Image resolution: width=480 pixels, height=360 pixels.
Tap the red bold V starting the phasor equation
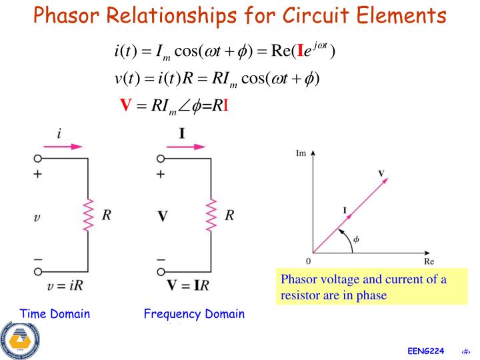(124, 105)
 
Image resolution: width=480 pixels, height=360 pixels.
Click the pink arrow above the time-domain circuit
(66, 145)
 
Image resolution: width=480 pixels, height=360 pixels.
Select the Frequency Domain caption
(194, 314)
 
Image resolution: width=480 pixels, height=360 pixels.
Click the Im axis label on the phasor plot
(301, 153)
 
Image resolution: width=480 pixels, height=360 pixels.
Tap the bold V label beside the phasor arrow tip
(381, 173)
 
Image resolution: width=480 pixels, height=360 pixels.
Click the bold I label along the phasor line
(345, 211)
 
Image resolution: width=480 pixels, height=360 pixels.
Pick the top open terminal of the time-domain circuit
(38, 159)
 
